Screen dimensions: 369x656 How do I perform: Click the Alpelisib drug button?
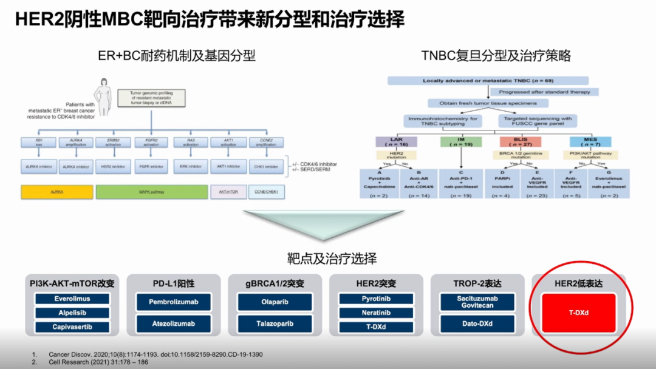72,313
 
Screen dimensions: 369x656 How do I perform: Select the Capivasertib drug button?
72,327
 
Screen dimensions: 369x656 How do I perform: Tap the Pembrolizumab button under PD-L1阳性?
173,302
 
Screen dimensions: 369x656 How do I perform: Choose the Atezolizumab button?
173,323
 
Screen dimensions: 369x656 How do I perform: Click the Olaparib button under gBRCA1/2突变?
274,302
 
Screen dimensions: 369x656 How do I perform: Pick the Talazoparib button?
274,323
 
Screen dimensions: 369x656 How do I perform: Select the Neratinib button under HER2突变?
375,313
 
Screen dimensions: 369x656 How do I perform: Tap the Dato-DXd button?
477,323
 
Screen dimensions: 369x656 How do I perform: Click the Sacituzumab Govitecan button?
477,302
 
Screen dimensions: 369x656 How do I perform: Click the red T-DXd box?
579,313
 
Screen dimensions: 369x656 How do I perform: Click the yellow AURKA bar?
56,192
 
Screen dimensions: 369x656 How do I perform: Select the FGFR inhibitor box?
149,165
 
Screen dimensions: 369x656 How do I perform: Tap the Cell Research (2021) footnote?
91,362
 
